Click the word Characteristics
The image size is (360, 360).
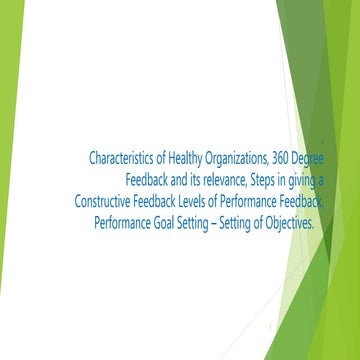[123, 157]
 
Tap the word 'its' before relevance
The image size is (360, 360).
[200, 179]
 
